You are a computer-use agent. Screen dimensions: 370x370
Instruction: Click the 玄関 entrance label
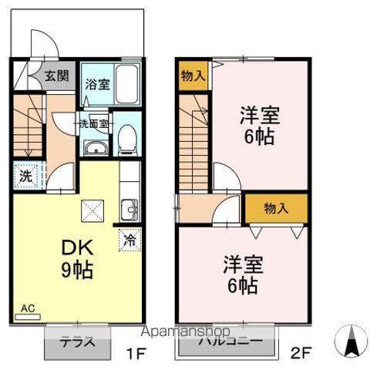tap(55, 76)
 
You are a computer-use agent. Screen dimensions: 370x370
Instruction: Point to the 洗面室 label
tap(92, 123)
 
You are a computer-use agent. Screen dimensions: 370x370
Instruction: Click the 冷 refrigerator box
tap(130, 239)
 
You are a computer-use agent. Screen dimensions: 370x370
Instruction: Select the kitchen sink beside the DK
tap(128, 207)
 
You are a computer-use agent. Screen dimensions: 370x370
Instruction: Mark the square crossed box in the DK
tap(92, 208)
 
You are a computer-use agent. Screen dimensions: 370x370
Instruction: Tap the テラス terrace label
tap(77, 343)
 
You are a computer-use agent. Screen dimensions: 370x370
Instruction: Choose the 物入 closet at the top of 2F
tap(193, 76)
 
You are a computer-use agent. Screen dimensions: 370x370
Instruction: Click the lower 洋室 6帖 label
tap(243, 274)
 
